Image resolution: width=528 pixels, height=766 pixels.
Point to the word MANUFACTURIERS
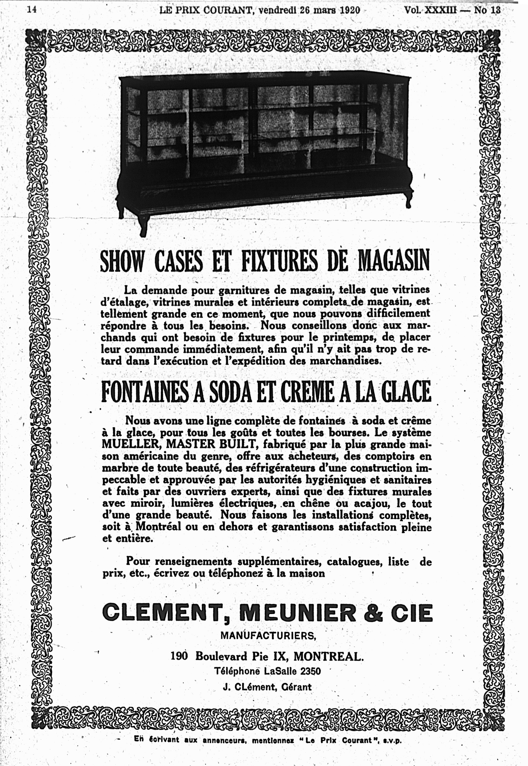[x=268, y=635]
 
